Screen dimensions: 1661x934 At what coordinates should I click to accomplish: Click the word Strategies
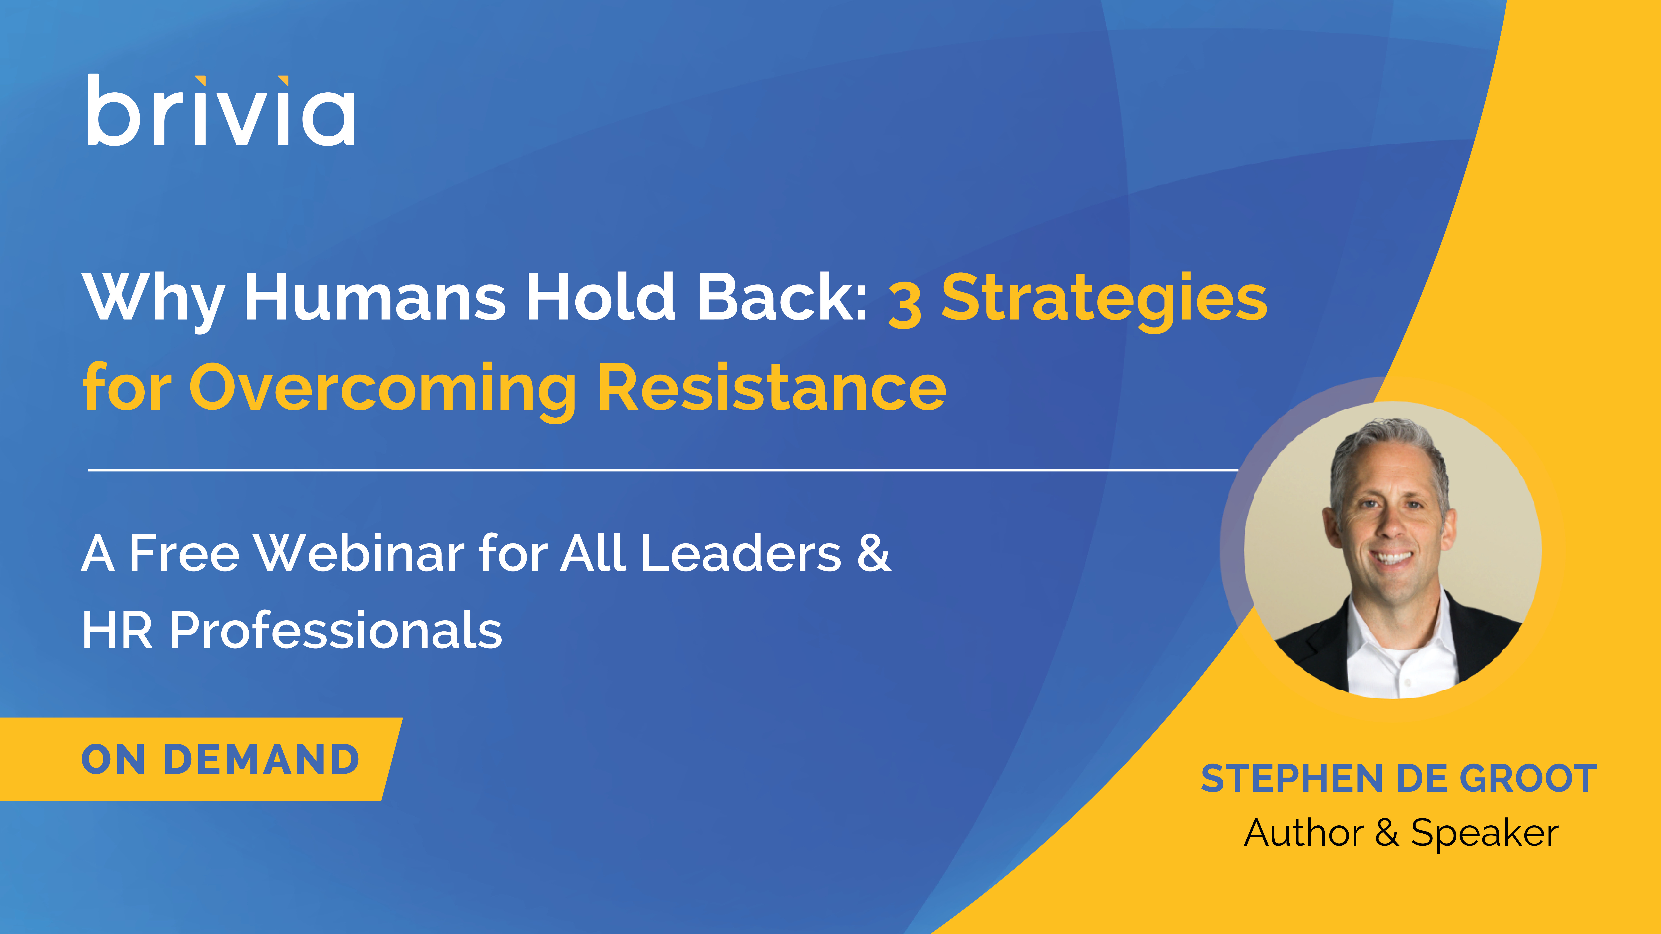[x=1104, y=301]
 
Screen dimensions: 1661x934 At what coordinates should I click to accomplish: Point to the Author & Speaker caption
[x=1401, y=833]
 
